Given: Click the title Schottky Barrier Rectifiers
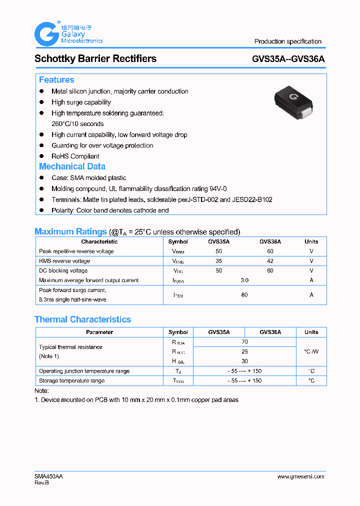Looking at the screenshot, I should [95, 58].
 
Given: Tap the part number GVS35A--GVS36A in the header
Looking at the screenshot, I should [288, 58].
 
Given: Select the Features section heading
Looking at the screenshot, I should [56, 80].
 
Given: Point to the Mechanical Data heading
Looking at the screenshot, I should [72, 166].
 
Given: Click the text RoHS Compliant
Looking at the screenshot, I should [75, 156].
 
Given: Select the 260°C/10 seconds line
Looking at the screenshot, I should [77, 123].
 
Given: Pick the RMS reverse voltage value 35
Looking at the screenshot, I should [219, 261].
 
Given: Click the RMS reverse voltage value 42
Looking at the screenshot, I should [270, 261].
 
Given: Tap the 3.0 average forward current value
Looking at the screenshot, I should [244, 280].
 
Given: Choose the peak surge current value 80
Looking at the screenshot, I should [244, 295].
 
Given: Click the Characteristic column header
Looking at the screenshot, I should [99, 241].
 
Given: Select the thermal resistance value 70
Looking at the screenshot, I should [244, 342].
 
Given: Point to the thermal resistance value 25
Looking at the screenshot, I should [244, 351].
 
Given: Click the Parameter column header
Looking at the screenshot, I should [99, 332].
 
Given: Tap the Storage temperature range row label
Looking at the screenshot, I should [72, 381].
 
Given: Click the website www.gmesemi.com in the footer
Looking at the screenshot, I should [300, 476].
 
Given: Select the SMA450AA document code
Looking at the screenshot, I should [48, 476].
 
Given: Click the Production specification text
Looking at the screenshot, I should [288, 41].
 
